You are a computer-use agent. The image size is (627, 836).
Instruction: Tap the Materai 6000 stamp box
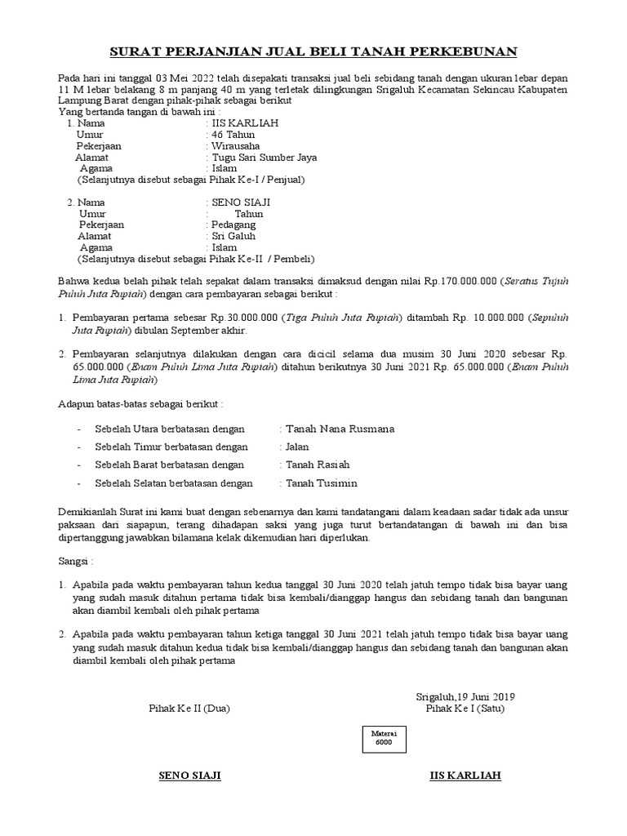tap(384, 739)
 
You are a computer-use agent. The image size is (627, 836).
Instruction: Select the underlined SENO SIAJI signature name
tap(189, 775)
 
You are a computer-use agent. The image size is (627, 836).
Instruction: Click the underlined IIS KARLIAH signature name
tap(465, 775)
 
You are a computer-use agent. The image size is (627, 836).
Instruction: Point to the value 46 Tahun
tap(233, 134)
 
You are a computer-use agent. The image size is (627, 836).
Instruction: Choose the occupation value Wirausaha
tap(238, 145)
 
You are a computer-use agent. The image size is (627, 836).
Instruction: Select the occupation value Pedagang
tap(234, 225)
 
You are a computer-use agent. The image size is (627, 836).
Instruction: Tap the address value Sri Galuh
tap(234, 236)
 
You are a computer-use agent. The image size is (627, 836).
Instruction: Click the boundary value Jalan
tap(297, 447)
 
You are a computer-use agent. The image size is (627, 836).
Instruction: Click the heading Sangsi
tap(76, 562)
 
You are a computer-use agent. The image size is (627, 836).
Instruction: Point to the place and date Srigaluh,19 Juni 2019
tap(465, 696)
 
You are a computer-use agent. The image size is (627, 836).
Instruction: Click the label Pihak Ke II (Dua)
tap(189, 709)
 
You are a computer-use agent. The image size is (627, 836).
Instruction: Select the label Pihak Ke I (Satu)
tap(465, 709)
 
